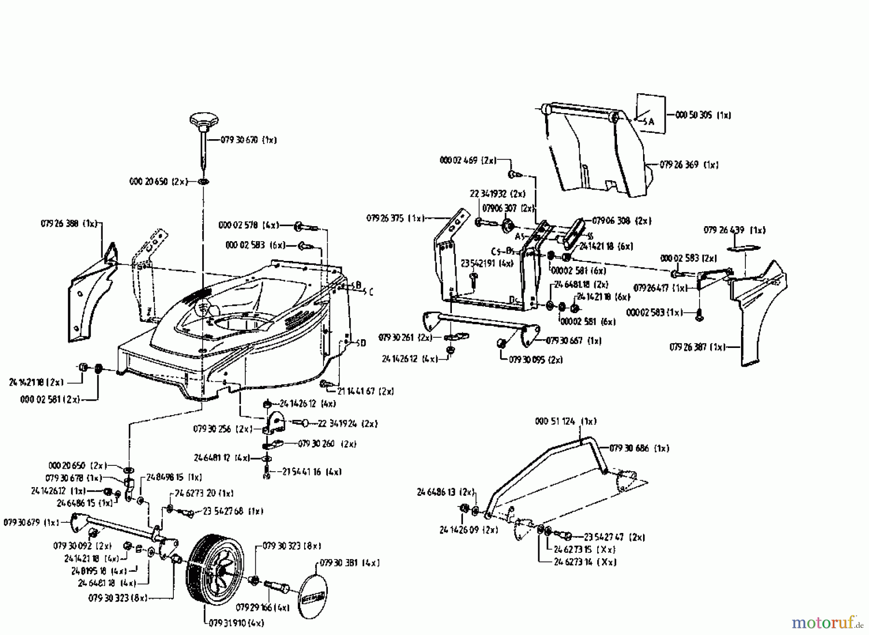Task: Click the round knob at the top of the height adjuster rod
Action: (204, 119)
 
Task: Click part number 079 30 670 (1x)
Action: (249, 140)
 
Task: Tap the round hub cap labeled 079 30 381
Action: (313, 593)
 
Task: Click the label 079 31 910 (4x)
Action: (236, 623)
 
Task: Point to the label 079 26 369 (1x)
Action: (689, 165)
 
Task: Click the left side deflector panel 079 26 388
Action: (92, 295)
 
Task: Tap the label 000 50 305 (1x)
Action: (703, 115)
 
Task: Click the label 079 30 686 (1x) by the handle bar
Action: (639, 448)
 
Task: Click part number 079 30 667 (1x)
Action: (574, 341)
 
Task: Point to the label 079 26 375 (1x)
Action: (394, 218)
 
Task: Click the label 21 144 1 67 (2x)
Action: (365, 391)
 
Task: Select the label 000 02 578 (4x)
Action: (249, 225)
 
